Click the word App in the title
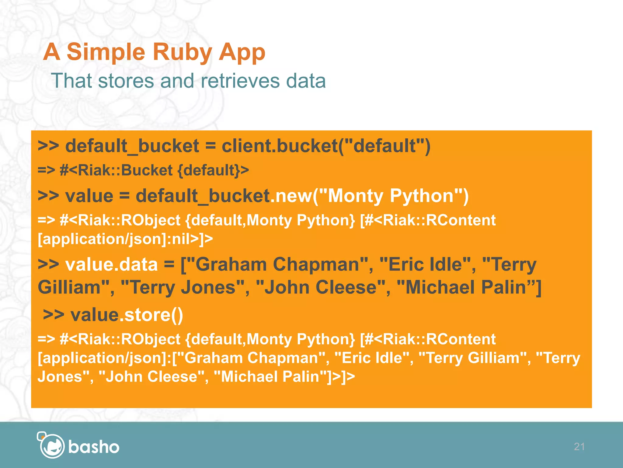tap(242, 52)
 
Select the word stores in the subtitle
tap(126, 81)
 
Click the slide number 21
tap(579, 447)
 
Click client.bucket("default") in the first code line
tap(326, 146)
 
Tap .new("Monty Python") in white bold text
tap(369, 196)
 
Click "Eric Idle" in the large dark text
tap(425, 264)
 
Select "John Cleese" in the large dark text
tap(320, 287)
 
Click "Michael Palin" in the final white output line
tap(270, 376)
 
